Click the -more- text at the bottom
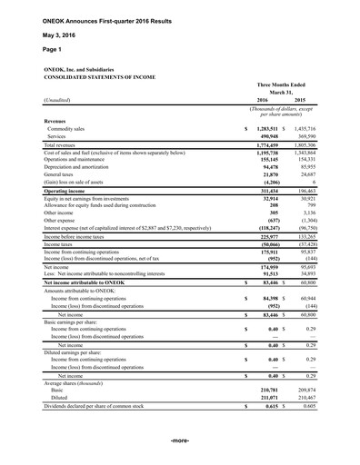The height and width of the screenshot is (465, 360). pyautogui.click(x=180, y=441)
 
